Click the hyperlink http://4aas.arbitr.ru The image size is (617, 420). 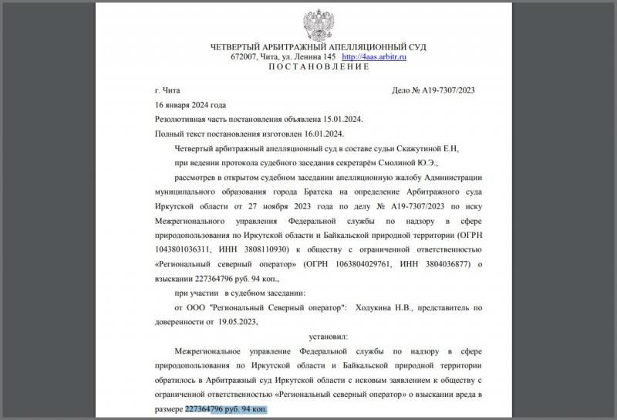click(374, 57)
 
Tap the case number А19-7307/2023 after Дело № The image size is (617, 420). click(448, 90)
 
